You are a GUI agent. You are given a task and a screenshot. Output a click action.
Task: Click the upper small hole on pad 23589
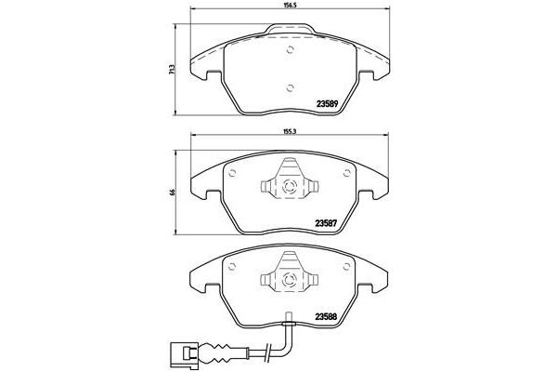(x=291, y=50)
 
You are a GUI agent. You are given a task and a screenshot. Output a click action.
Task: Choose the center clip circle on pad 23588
(x=291, y=275)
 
